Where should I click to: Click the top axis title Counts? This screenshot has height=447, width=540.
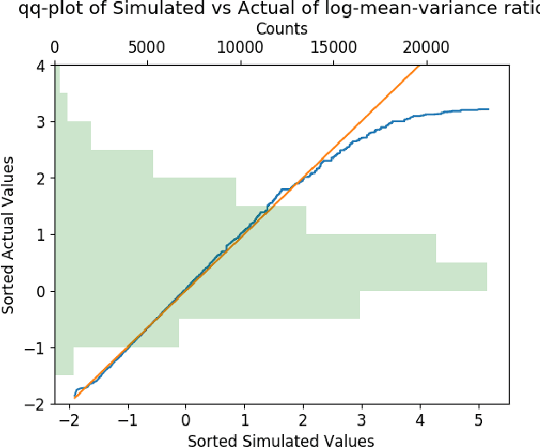pyautogui.click(x=281, y=29)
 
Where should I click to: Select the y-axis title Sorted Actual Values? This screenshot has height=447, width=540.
pyautogui.click(x=10, y=234)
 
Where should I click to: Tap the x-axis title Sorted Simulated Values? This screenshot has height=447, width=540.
pyautogui.click(x=280, y=440)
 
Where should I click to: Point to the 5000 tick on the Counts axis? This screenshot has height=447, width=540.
pyautogui.click(x=147, y=47)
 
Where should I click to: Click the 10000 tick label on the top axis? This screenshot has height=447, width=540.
pyautogui.click(x=240, y=47)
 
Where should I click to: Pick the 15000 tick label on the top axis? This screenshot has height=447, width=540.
pyautogui.click(x=332, y=47)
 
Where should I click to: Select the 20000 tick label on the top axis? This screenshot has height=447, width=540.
pyautogui.click(x=425, y=47)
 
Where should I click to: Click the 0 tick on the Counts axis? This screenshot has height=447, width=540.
pyautogui.click(x=55, y=47)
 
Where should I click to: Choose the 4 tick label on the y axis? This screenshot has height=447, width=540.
pyautogui.click(x=42, y=66)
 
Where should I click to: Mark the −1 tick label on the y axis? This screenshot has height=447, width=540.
pyautogui.click(x=37, y=348)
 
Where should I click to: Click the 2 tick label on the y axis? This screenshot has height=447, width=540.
pyautogui.click(x=42, y=178)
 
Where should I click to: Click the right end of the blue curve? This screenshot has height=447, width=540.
pyautogui.click(x=489, y=109)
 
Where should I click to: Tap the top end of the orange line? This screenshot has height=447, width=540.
pyautogui.click(x=420, y=65)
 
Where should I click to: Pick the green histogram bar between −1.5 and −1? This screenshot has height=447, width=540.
pyautogui.click(x=64, y=361)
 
